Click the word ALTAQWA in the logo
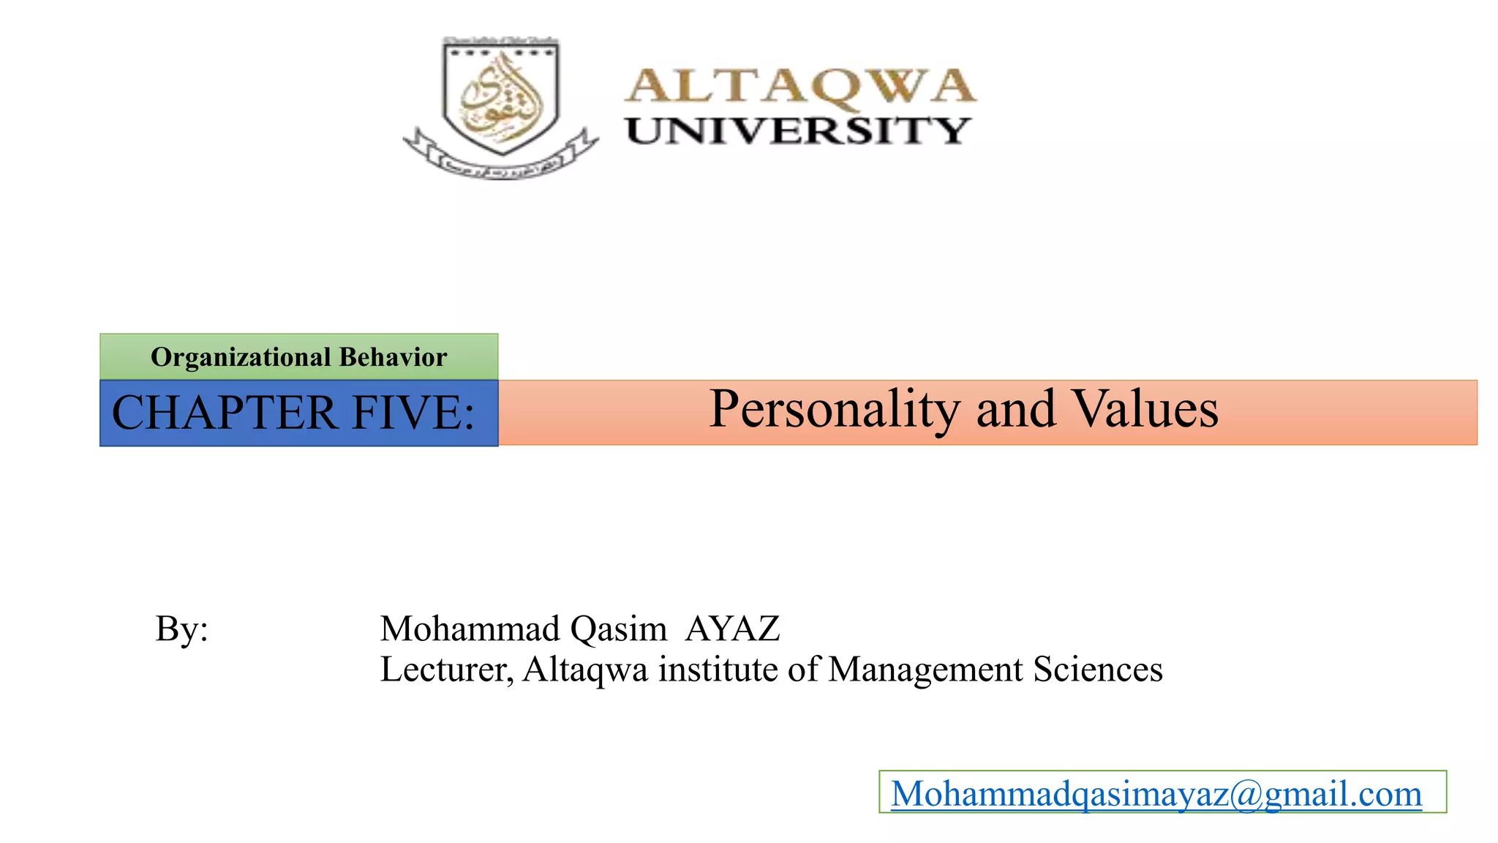click(x=800, y=87)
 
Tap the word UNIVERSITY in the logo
click(x=798, y=132)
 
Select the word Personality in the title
click(x=835, y=409)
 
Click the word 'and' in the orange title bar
click(x=1016, y=409)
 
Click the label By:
click(x=181, y=629)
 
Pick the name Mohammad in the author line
click(x=470, y=629)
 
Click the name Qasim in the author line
click(x=618, y=629)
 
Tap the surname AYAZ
click(x=732, y=629)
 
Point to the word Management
click(x=925, y=670)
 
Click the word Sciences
click(x=1098, y=670)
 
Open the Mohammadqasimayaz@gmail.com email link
click(x=1156, y=794)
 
